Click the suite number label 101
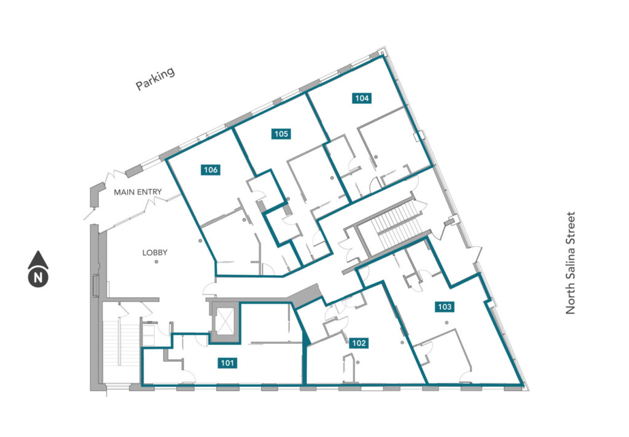tap(227, 363)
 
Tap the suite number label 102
tap(359, 343)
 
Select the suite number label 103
tap(445, 307)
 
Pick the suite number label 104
tap(362, 98)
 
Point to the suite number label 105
tap(281, 134)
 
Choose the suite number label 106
tap(211, 170)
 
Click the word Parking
tap(155, 79)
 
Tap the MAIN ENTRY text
tap(138, 192)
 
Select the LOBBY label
tap(155, 253)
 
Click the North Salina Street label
tap(570, 263)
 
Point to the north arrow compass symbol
tap(38, 269)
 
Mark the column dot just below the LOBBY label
tap(157, 262)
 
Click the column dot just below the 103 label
tap(446, 323)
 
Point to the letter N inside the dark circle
tap(38, 277)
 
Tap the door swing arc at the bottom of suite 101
tap(188, 376)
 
